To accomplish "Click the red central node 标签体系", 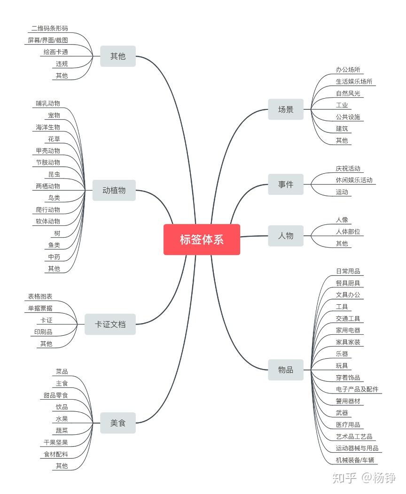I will tap(202, 239).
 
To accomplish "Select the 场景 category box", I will tap(286, 109).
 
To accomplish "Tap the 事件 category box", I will tap(286, 185).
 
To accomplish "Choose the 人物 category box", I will tap(286, 236).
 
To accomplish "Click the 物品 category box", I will tap(286, 370).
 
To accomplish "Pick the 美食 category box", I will tap(118, 423).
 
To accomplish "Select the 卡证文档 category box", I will tap(110, 324).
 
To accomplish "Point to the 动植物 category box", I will tap(114, 190).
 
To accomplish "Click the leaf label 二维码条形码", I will tap(50, 29).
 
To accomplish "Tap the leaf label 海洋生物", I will tap(48, 127).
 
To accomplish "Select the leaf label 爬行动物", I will tap(48, 209).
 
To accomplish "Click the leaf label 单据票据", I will tap(40, 308).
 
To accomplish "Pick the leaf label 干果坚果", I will tap(56, 442).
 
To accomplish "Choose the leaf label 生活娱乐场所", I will tap(354, 82).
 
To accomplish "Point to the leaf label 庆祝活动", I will tap(348, 169).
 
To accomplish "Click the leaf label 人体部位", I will tap(348, 232).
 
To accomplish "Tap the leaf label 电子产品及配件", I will tap(357, 389).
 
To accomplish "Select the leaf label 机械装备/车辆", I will tap(357, 460).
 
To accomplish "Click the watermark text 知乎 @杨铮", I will tap(364, 478).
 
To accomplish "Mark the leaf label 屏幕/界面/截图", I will tap(48, 40).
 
